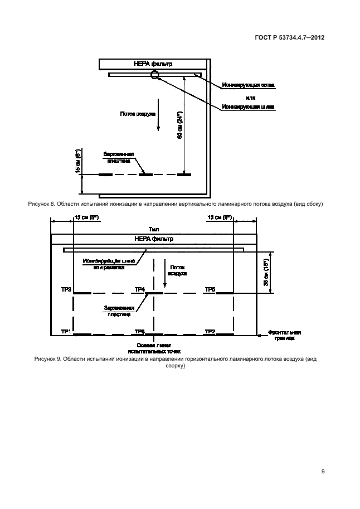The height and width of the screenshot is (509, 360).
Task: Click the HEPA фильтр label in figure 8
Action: tap(153, 64)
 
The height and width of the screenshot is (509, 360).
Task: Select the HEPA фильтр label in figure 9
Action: tap(154, 239)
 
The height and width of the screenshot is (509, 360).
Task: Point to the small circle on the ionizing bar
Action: tap(155, 74)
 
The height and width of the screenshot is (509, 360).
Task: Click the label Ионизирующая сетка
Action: tap(248, 85)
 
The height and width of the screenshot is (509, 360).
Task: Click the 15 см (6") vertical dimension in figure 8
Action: tap(78, 160)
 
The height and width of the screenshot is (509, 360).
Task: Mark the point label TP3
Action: tap(66, 289)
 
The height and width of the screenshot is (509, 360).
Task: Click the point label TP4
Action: tap(140, 289)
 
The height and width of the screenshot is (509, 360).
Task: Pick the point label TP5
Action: tap(210, 289)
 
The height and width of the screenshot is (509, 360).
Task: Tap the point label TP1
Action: tap(66, 332)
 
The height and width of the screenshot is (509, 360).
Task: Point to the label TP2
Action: tap(210, 332)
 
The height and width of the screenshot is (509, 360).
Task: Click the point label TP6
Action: tap(140, 332)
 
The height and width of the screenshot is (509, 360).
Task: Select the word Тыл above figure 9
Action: tap(154, 229)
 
